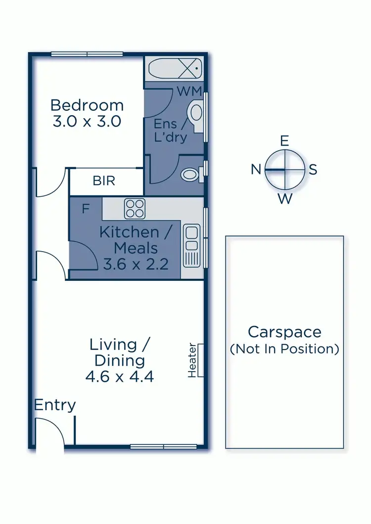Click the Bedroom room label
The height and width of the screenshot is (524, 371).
tap(87, 105)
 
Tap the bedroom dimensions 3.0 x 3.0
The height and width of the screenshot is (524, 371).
tap(87, 121)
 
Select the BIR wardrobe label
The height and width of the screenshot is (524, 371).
tap(104, 181)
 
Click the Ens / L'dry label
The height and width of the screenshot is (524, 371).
tap(171, 130)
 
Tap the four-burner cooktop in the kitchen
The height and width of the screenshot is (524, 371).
tap(134, 208)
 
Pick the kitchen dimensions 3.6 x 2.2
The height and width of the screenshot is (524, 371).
tap(136, 264)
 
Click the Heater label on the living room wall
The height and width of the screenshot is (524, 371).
tap(192, 360)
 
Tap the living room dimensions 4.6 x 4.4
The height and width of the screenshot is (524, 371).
tap(120, 377)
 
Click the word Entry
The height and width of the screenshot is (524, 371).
tap(55, 405)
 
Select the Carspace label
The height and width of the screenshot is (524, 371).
tap(284, 332)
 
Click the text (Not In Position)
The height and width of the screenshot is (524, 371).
tap(284, 349)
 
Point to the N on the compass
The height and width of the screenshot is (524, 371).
tap(256, 170)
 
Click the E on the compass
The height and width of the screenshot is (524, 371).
tap(284, 141)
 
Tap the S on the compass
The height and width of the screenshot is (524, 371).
tap(313, 170)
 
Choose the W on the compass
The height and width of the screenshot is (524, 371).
tap(284, 199)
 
